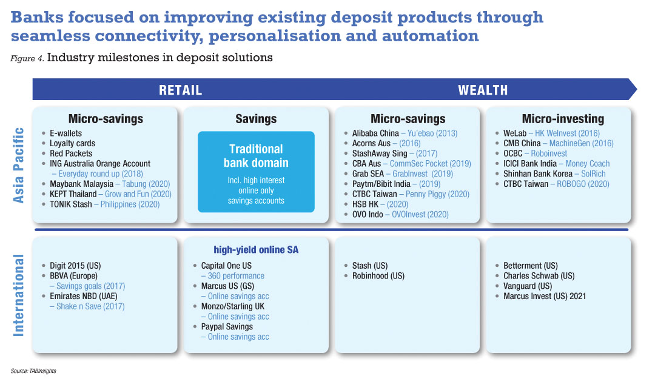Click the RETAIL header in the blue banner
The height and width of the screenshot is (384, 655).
(181, 90)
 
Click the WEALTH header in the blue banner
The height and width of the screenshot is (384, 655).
(483, 90)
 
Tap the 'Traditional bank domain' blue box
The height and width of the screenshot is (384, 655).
(256, 172)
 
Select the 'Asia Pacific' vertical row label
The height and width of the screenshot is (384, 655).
(18, 165)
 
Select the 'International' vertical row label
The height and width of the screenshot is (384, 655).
(18, 295)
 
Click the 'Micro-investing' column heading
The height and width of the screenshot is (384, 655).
(563, 119)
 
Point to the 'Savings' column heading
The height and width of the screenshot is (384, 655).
(256, 119)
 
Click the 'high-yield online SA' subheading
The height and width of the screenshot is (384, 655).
(256, 250)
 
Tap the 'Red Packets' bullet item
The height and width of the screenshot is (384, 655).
(71, 153)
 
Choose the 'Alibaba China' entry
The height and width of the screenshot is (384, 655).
(375, 133)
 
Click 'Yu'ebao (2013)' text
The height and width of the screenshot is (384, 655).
(432, 133)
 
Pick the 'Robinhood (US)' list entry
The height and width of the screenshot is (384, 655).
(378, 276)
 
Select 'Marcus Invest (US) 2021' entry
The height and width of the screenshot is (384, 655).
(545, 296)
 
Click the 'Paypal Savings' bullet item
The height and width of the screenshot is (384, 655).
(227, 327)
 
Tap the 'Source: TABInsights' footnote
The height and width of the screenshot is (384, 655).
(33, 371)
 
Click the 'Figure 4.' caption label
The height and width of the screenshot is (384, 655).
(27, 58)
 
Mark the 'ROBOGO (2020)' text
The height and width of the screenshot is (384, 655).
(583, 184)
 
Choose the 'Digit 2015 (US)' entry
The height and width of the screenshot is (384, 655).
(75, 266)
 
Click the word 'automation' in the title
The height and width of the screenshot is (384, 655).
(430, 36)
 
